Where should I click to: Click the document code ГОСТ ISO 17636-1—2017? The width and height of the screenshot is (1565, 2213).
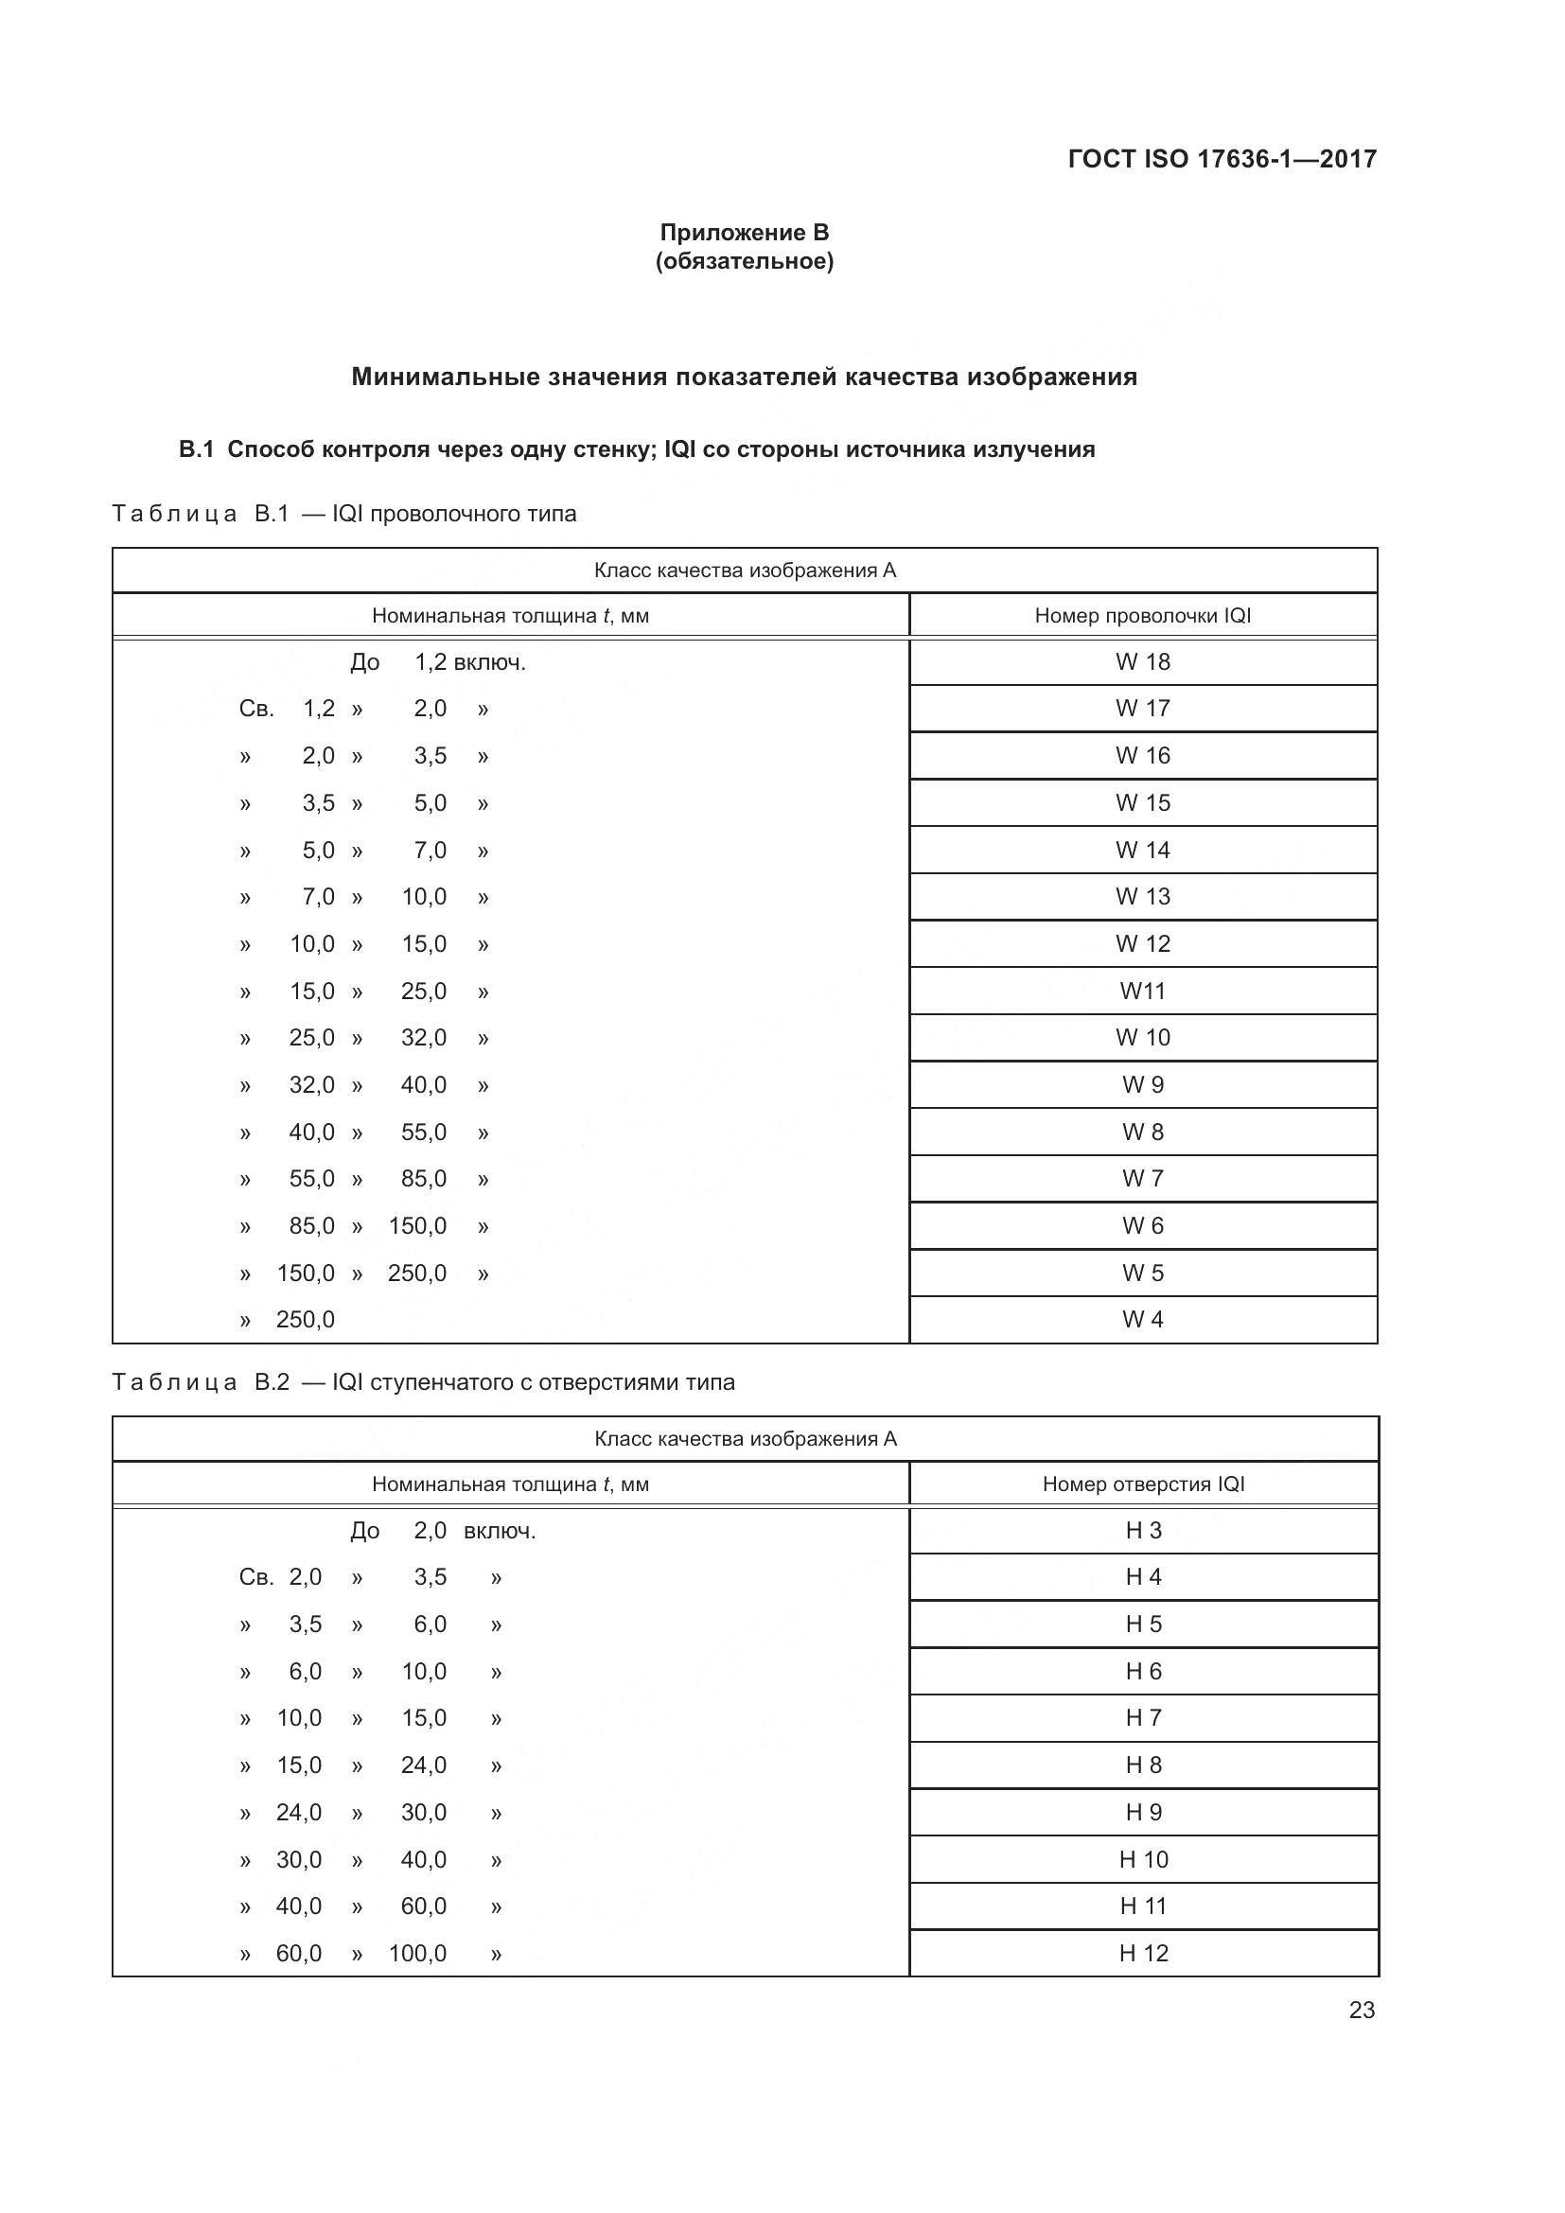coord(1222,159)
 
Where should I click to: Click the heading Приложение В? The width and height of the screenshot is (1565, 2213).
coord(744,233)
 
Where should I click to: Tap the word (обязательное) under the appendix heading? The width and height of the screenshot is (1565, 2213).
coord(744,261)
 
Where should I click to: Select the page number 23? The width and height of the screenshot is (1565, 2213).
coord(1361,2010)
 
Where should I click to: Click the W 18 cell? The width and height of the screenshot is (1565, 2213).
coord(1142,662)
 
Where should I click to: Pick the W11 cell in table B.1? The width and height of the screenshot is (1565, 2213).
coord(1142,991)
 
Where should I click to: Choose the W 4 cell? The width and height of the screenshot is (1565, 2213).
coord(1142,1320)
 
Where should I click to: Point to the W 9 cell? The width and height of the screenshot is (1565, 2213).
coord(1142,1085)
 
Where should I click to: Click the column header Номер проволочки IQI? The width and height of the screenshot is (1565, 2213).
coord(1142,616)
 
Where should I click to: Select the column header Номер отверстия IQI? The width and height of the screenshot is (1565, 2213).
coord(1143,1484)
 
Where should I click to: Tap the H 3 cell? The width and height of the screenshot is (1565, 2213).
coord(1143,1531)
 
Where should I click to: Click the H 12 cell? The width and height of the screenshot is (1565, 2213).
coord(1143,1953)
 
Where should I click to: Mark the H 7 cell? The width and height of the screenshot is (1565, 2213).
coord(1143,1717)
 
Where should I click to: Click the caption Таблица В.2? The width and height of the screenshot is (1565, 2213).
coord(201,1382)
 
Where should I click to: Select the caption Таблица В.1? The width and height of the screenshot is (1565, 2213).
coord(201,514)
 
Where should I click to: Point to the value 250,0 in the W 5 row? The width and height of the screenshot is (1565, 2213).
coord(417,1273)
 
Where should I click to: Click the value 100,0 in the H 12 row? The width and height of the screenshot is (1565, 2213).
coord(417,1954)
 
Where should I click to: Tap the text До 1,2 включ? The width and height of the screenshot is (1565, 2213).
coord(437,663)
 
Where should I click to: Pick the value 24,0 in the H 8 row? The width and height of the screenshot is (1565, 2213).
coord(423,1765)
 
